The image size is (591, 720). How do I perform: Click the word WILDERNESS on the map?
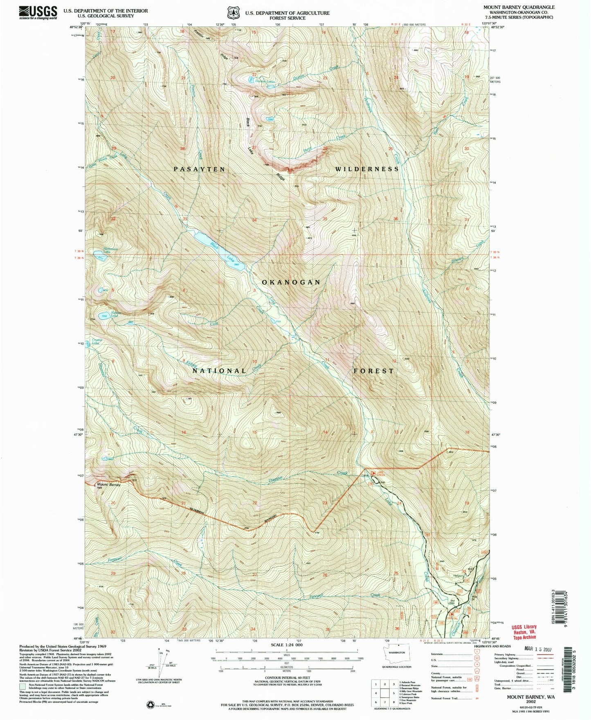(x=367, y=169)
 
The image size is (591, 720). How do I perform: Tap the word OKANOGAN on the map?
(x=291, y=282)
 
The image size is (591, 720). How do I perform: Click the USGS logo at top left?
(x=38, y=13)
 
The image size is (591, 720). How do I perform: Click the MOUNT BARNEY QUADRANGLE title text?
(x=519, y=7)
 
